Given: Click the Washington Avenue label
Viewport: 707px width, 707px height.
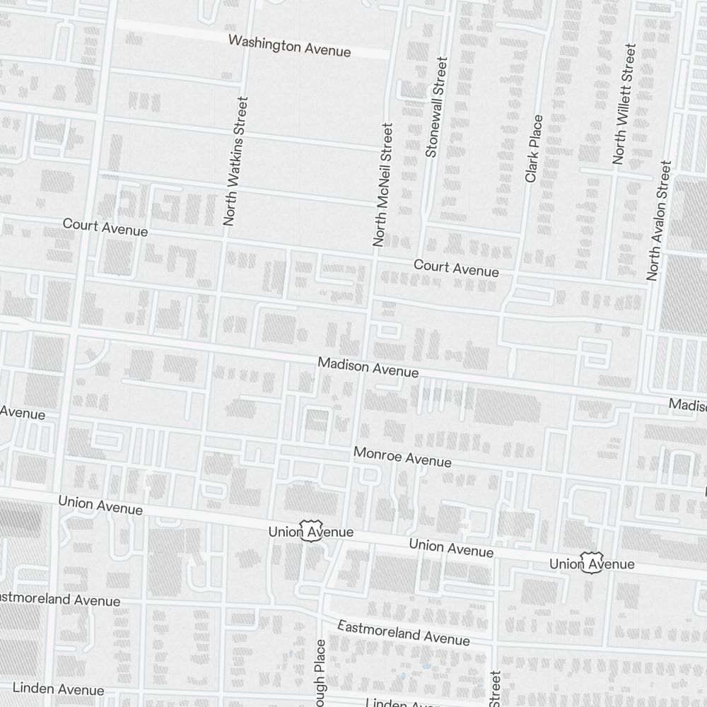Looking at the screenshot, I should pos(289,45).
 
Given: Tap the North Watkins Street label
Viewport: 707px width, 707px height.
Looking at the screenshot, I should pos(236,161).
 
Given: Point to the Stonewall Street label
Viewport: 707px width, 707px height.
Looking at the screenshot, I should pos(436,107).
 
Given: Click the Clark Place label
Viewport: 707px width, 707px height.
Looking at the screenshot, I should pos(534,148).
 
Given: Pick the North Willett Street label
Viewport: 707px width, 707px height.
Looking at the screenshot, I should pos(625,104).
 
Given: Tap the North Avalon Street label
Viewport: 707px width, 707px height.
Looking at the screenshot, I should pos(658,221).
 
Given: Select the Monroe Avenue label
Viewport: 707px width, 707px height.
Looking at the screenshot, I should pos(402,457).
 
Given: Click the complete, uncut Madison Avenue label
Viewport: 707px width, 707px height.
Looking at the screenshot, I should pos(368,367).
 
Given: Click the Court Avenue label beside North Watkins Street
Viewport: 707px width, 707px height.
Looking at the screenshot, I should pos(105,227).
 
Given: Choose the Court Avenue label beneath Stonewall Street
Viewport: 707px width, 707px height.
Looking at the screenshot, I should pos(456,268).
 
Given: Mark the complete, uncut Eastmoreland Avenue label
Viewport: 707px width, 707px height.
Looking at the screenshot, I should pos(403,633).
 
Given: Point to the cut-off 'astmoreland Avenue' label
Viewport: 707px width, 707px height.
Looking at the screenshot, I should pos(59,599).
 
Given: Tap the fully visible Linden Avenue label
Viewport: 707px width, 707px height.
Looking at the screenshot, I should pos(58,689).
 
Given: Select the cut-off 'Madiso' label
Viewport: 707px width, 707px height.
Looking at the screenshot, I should pos(688,405).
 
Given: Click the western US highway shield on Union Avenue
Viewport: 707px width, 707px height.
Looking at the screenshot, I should pos(310,530).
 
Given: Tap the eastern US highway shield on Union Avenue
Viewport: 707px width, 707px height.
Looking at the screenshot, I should pos(591,563).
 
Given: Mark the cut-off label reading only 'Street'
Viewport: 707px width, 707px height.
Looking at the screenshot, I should pos(495,688).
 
